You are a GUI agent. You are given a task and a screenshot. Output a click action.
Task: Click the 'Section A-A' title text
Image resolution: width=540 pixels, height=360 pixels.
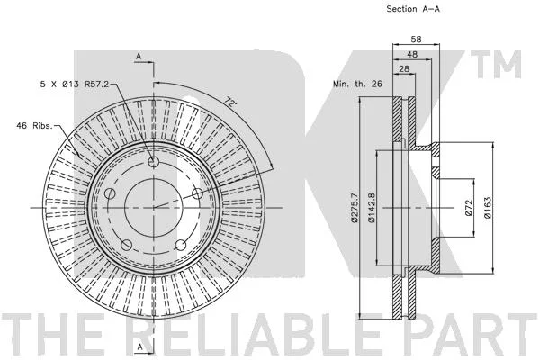(x=413, y=9)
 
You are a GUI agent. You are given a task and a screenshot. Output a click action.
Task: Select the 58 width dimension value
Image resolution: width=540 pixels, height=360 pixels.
(x=416, y=40)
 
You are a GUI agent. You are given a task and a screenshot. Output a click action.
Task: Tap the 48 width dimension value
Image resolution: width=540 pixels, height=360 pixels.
(x=412, y=54)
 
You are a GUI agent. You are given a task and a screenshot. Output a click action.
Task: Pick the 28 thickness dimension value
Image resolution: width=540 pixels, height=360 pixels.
(x=404, y=68)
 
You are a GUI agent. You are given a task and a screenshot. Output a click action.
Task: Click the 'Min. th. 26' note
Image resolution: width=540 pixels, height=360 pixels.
(x=357, y=84)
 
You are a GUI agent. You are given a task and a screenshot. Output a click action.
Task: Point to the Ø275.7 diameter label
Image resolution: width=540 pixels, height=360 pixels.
(x=355, y=208)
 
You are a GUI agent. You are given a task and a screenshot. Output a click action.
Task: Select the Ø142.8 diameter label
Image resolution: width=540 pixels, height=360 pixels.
(x=371, y=208)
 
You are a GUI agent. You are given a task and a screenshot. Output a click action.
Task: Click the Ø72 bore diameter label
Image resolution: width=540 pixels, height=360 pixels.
(x=468, y=208)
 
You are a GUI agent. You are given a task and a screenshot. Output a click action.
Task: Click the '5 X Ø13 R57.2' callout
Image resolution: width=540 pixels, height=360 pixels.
(x=75, y=84)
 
